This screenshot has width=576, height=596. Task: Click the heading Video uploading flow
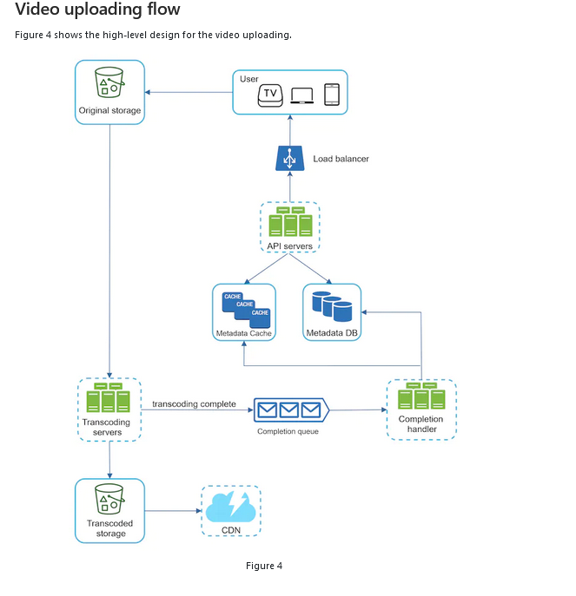[98, 10]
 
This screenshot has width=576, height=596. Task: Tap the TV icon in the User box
[271, 95]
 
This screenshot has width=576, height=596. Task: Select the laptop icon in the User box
[302, 95]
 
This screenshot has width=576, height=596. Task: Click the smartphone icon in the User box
[331, 95]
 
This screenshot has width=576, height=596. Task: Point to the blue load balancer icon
[289, 158]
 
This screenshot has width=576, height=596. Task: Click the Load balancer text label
[341, 159]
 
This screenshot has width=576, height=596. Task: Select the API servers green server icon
[290, 222]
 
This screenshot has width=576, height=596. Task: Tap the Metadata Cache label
[243, 333]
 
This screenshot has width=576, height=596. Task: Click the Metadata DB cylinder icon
[331, 306]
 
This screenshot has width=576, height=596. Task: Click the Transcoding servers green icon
[109, 398]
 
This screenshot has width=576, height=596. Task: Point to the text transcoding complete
[194, 404]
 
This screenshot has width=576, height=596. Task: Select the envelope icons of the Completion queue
[288, 409]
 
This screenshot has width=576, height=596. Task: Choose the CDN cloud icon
[230, 506]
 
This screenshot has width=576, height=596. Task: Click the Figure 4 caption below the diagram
[264, 566]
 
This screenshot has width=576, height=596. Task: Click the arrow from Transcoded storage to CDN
[172, 510]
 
